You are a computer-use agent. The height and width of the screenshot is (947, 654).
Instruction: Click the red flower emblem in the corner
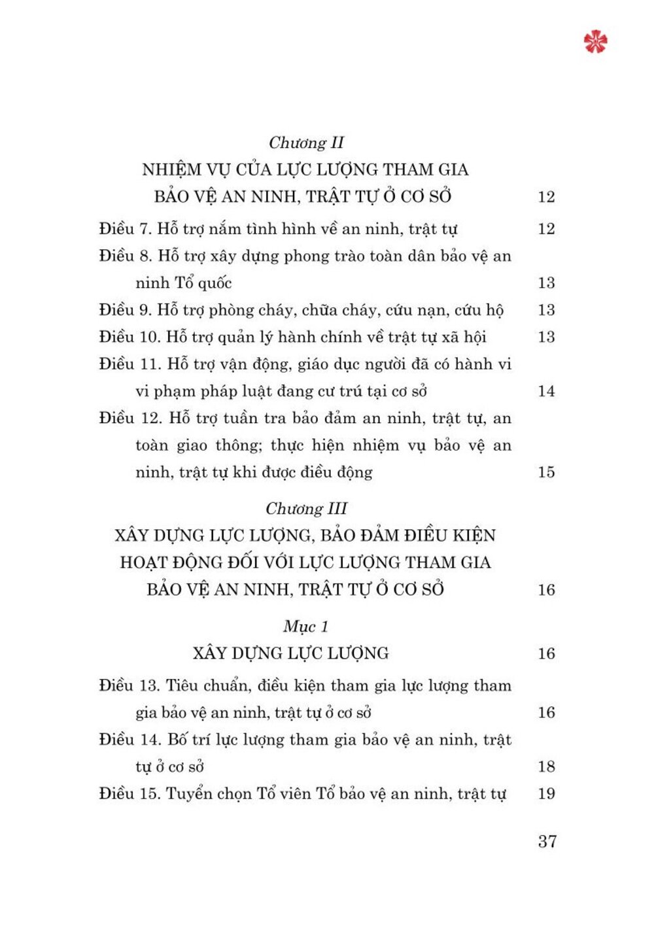[x=595, y=41]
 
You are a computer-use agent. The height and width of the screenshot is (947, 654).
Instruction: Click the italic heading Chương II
[x=306, y=143]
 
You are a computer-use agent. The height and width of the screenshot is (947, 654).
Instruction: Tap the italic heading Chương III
[x=306, y=509]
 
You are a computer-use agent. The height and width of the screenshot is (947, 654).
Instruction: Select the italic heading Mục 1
[x=305, y=627]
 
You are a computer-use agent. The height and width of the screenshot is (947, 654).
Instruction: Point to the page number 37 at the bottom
[x=547, y=841]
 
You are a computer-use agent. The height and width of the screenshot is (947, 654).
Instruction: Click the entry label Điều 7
[x=126, y=229]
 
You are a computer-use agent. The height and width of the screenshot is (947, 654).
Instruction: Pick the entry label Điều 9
[x=126, y=310]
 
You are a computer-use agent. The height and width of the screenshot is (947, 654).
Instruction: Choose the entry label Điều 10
[x=129, y=337]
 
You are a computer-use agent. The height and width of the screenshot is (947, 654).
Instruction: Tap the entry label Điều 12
[x=130, y=418]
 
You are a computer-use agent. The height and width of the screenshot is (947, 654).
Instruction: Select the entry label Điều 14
[x=129, y=740]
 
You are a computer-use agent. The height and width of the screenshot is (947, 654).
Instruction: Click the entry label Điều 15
[x=129, y=794]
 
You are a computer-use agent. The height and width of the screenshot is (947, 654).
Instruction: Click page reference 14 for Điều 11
[x=546, y=391]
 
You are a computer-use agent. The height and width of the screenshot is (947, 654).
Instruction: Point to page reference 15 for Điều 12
[x=546, y=472]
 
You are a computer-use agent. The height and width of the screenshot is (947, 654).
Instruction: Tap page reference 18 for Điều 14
[x=546, y=766]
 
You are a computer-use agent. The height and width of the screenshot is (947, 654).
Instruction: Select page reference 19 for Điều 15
[x=546, y=794]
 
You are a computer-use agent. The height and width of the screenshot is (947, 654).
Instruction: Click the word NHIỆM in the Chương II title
[x=171, y=170]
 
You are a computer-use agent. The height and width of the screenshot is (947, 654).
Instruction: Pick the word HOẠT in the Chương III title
[x=143, y=562]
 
